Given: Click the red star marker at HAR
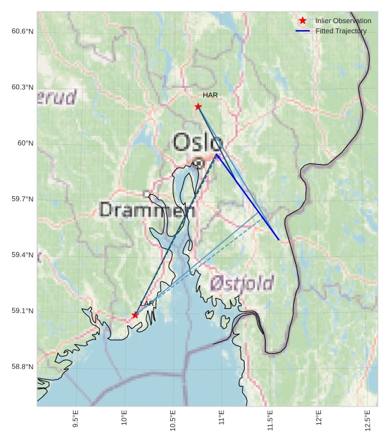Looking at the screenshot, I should point(198,106).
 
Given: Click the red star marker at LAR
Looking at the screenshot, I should point(135,315).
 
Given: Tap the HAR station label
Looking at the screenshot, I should point(211,95).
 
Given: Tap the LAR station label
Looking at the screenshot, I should point(147,303).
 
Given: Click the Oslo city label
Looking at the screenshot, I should point(198,142).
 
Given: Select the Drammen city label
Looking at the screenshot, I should point(148,210).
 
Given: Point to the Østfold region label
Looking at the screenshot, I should point(242,283).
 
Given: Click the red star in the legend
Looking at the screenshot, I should point(303,21).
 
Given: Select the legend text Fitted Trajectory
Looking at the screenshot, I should point(341,31).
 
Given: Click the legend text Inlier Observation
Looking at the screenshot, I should point(343,21).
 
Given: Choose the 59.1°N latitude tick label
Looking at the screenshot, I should point(22,311).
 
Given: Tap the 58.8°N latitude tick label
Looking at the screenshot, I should point(22,367).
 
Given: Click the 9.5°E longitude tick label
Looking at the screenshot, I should point(76,419).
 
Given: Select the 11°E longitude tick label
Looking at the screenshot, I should point(221,420).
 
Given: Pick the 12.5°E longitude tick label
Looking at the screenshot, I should point(367,419).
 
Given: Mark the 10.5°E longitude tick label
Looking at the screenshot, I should point(173,419).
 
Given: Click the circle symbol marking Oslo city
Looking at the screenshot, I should point(199,163).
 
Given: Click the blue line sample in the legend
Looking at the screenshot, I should point(303,31).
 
